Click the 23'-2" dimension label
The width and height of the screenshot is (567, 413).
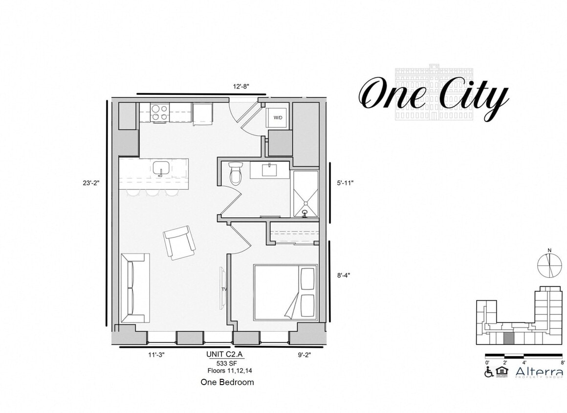91,184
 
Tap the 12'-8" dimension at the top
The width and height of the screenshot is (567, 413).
241,87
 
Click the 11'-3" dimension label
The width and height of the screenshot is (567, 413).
156,355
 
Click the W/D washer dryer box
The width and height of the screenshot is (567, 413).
278,118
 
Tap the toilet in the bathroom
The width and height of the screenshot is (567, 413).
236,173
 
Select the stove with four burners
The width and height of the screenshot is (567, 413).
159,113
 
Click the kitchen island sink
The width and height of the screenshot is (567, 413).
161,168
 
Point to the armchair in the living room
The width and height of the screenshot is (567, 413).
179,242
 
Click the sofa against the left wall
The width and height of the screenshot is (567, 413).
134,288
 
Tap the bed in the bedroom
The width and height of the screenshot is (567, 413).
285,292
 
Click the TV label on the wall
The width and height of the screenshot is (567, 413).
224,289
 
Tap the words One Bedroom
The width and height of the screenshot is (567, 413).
227,382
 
